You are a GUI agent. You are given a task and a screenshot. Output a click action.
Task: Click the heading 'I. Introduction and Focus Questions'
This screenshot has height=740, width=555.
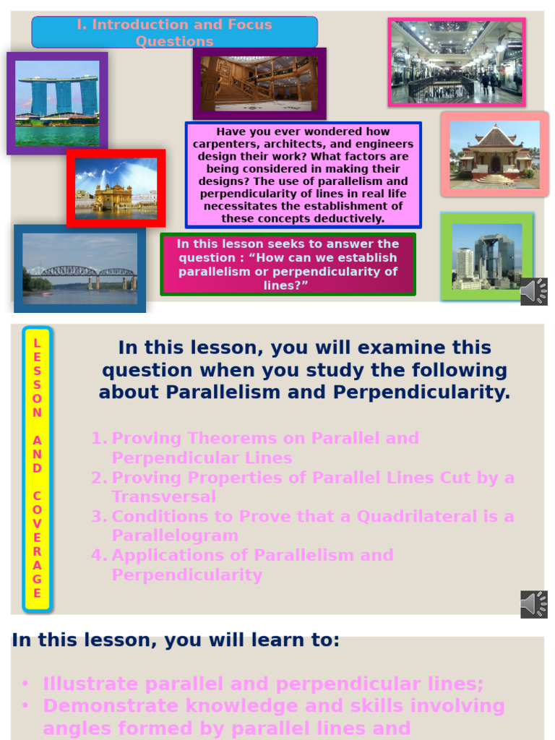coord(174,33)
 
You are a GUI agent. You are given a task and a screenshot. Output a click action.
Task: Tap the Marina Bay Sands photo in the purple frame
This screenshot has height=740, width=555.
coord(57,103)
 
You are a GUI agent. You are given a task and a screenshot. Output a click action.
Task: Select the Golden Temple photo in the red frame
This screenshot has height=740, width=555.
coord(116,188)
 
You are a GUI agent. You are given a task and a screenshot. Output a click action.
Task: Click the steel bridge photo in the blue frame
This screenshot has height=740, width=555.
coord(79,268)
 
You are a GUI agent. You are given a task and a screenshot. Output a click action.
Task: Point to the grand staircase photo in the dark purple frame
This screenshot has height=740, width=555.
coord(259,83)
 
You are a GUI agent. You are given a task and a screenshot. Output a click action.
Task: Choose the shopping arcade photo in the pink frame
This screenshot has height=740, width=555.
coord(456,62)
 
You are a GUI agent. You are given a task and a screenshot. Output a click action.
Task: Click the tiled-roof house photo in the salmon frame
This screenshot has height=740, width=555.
coord(494,154)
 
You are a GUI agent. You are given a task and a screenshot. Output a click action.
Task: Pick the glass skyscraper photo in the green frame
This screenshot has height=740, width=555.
coord(486,256)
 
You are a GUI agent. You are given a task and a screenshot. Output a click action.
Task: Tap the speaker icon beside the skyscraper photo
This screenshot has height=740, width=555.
coord(534,291)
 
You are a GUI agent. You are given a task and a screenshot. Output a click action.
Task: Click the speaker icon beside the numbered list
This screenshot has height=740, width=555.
coord(534,604)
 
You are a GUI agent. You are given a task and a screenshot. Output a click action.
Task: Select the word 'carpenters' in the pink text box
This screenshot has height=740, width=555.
coord(221,145)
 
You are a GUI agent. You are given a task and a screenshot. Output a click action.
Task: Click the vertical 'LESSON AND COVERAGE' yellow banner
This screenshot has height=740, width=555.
coord(37,468)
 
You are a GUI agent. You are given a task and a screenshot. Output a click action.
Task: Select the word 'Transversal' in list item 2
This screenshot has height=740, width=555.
coord(163,497)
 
